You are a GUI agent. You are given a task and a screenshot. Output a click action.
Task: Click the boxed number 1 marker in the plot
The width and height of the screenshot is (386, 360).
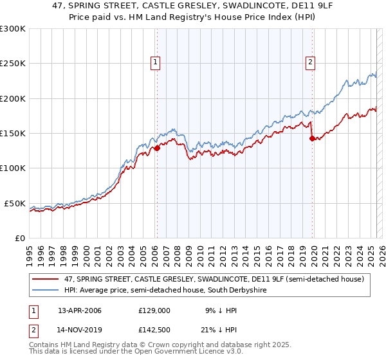[x=156, y=62]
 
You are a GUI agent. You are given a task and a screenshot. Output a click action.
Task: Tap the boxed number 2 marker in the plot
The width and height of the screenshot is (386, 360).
[x=310, y=62]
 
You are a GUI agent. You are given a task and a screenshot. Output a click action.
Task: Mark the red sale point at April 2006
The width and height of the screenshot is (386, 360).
[x=157, y=148]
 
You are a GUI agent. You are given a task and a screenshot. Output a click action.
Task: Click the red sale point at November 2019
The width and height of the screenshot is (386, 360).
[x=312, y=138]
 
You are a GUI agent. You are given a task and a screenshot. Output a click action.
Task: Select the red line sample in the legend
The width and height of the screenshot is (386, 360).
[x=46, y=279]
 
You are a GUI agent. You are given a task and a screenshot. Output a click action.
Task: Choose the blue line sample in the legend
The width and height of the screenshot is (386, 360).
[x=46, y=290]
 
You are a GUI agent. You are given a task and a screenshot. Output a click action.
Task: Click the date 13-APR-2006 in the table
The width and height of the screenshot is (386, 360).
[x=80, y=310]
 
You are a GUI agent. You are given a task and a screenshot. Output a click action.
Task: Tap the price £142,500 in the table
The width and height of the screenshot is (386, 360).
[x=154, y=329]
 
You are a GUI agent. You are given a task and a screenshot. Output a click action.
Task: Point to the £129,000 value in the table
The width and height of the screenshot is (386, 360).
[x=154, y=310]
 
